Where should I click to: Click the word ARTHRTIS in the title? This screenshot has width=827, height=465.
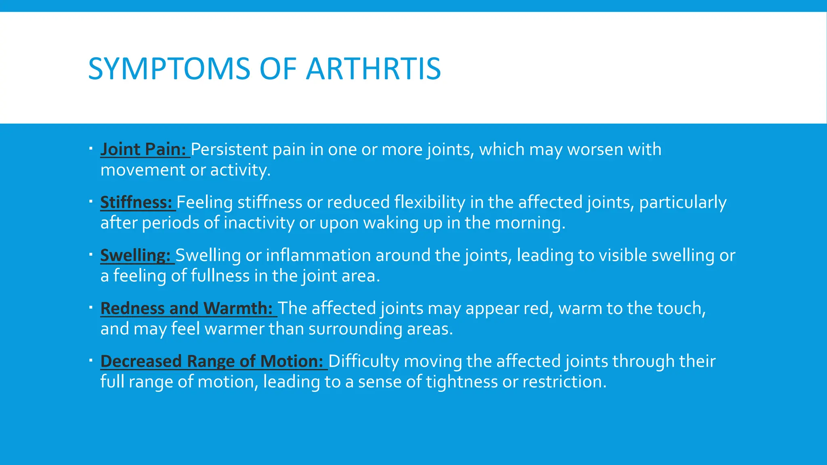373,69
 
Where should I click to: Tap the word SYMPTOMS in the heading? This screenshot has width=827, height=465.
169,69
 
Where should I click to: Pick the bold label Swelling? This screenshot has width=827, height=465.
135,255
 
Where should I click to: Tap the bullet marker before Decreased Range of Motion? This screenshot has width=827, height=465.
91,360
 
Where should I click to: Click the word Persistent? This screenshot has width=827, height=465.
229,149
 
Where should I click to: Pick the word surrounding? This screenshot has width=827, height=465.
355,329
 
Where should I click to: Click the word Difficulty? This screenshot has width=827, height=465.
363,361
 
